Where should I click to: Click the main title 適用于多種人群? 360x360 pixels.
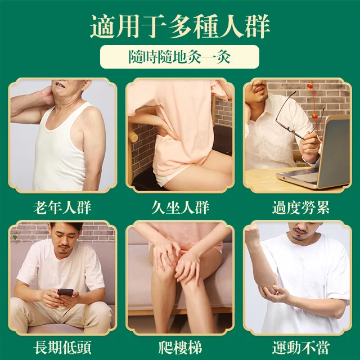click(180, 26)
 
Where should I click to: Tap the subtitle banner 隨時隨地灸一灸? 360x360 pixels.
click(179, 57)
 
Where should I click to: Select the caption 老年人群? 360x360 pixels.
click(62, 208)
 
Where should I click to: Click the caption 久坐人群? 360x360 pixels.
click(180, 208)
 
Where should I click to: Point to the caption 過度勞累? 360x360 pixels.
click(298, 208)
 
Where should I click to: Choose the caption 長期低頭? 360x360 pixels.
click(62, 345)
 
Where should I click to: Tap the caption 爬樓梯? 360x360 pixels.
click(180, 345)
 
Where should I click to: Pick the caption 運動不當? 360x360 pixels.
click(298, 345)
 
